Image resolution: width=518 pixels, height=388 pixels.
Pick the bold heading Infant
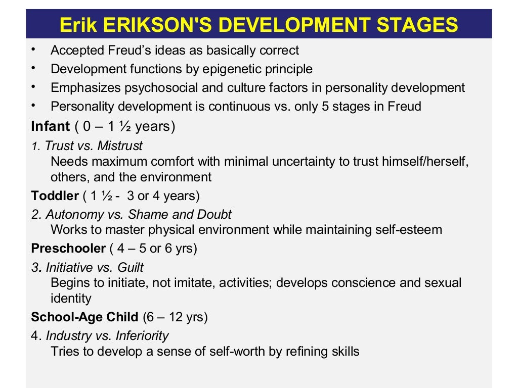click(50, 126)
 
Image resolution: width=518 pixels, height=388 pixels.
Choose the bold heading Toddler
click(55, 196)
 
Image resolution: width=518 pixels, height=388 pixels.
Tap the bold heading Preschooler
click(68, 249)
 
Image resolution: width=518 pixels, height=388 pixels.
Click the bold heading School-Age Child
click(84, 317)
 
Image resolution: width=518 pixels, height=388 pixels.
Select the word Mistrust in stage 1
click(120, 146)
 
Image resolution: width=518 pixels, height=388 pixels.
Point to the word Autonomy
click(69, 214)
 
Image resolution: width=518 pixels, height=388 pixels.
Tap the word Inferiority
click(142, 335)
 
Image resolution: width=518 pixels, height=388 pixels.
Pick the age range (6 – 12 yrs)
click(175, 317)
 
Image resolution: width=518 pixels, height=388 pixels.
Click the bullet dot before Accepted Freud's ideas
click(33, 50)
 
